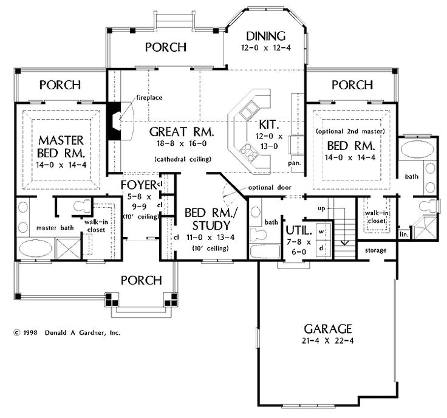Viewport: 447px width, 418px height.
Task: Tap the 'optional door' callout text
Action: [269, 187]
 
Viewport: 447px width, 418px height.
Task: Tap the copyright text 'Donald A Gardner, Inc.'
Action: [83, 333]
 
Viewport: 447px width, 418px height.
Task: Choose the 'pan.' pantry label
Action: [296, 163]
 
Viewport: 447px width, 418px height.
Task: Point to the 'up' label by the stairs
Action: [322, 208]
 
